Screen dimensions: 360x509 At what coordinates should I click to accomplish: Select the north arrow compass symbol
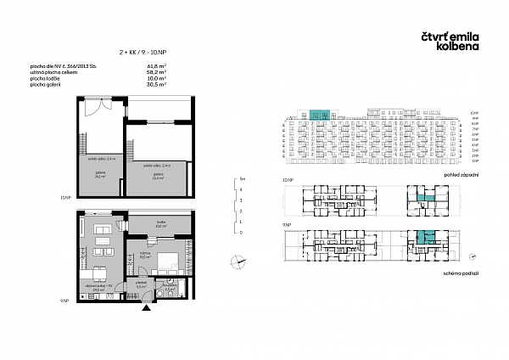tap(240, 262)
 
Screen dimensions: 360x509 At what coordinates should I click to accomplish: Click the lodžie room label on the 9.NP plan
tap(159, 223)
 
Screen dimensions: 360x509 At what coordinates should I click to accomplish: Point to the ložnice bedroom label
tap(144, 255)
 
